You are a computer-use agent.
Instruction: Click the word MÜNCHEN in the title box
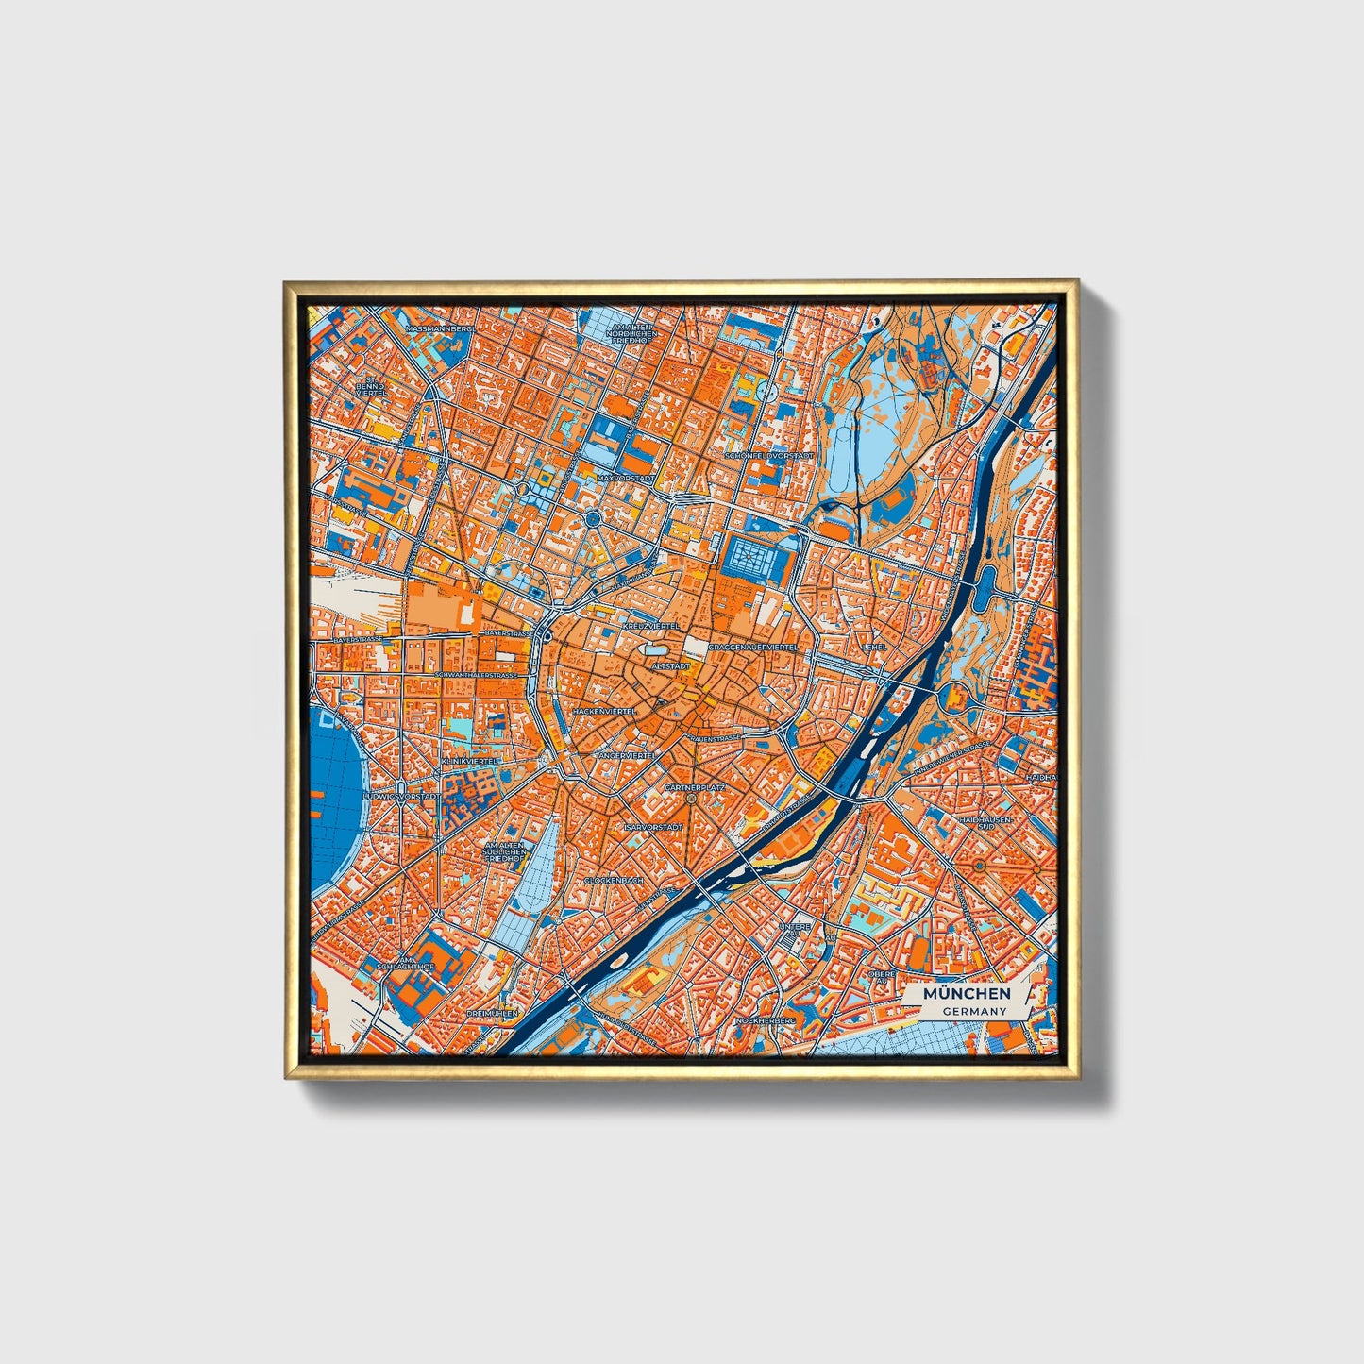click(x=967, y=993)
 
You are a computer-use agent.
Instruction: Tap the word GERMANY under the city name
click(x=974, y=1011)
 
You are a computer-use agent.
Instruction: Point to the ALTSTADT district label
click(x=671, y=665)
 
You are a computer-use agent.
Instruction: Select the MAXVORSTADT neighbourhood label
click(x=625, y=479)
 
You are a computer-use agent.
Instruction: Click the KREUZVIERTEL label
click(x=651, y=626)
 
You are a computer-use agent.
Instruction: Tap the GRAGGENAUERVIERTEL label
click(x=752, y=648)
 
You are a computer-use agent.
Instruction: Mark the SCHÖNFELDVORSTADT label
click(x=769, y=456)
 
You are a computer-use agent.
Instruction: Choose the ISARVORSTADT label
click(x=653, y=827)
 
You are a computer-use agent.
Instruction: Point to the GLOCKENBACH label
click(x=614, y=880)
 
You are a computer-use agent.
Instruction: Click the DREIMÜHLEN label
click(x=492, y=1013)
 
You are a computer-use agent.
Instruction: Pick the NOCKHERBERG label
click(x=766, y=1020)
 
